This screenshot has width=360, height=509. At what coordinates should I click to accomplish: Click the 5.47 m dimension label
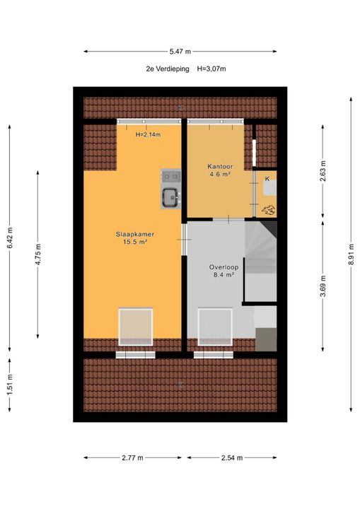180,52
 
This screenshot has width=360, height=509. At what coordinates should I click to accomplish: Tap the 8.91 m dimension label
351,255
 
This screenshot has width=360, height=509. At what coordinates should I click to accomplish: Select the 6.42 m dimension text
9,238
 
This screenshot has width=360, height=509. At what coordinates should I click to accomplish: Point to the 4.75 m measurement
38,255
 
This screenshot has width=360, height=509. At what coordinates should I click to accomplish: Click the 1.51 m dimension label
9,385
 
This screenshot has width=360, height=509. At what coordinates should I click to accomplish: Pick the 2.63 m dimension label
323,171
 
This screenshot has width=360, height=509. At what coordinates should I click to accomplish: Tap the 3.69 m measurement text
323,286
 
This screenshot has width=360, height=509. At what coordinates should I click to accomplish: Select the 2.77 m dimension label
132,457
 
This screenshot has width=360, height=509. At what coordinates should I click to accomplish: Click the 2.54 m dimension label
232,457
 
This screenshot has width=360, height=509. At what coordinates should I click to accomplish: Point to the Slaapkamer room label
135,234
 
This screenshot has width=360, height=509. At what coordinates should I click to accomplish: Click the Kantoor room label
220,167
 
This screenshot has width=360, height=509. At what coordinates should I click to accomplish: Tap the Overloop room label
223,267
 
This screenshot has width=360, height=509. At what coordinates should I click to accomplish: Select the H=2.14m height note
148,134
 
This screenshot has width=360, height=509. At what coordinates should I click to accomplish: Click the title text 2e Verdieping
168,69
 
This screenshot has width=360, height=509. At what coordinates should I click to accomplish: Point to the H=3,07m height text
211,69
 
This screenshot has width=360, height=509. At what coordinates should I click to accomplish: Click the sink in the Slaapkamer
171,198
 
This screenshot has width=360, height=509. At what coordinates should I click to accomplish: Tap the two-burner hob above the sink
171,177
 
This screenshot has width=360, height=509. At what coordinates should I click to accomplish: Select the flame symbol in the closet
268,209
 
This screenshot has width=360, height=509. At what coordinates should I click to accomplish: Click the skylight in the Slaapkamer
136,327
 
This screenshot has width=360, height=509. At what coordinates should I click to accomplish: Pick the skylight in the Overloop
215,327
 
